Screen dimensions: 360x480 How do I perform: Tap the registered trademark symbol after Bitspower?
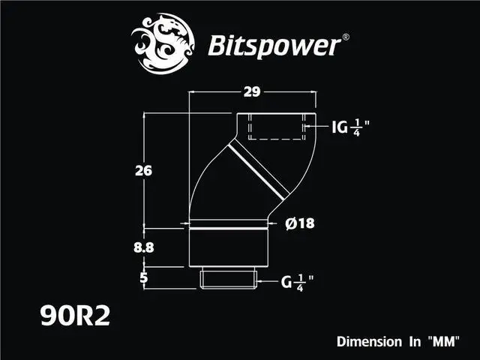click(x=344, y=35)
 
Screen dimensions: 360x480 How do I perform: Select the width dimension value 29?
click(x=252, y=92)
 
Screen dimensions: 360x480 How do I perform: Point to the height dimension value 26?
click(x=144, y=170)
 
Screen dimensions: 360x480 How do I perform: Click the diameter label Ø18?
click(x=300, y=223)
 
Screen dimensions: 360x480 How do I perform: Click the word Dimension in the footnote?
click(x=368, y=341)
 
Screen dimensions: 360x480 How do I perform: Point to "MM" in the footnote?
click(x=442, y=341)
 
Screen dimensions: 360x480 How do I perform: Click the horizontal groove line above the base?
click(x=229, y=223)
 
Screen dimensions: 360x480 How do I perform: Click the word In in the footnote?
click(x=411, y=341)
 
